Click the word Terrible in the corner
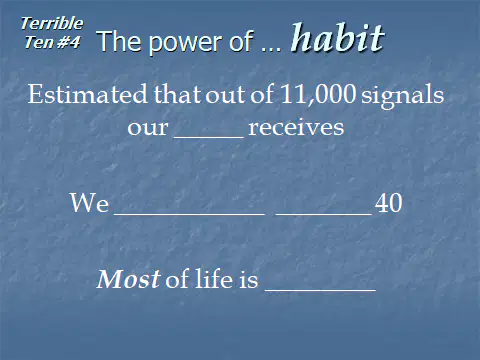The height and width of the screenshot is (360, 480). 52,24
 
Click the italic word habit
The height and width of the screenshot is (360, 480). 338,37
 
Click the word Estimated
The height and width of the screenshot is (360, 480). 87,94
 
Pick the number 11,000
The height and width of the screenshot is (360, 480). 318,94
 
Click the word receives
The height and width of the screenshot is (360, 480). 296,128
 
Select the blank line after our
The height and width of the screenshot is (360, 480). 209,137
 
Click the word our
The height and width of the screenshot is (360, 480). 148,129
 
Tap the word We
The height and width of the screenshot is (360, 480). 89,203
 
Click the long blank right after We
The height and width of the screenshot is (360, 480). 190,214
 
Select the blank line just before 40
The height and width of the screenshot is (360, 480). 324,214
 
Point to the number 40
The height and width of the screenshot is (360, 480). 388,203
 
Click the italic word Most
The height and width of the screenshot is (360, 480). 128,279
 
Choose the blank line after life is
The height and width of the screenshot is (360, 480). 320,291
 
